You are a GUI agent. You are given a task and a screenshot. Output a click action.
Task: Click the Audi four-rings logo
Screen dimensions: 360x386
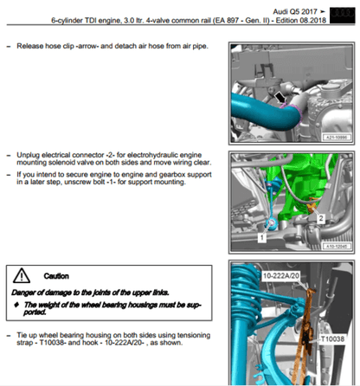342,16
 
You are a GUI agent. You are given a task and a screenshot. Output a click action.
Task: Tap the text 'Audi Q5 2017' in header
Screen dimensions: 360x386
295,12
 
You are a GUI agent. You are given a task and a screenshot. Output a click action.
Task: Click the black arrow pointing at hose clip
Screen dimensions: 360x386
280,98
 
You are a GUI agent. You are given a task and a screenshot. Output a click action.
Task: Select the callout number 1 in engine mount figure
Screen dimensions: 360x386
262,238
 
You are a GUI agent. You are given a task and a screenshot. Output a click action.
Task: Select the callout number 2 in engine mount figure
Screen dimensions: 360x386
321,218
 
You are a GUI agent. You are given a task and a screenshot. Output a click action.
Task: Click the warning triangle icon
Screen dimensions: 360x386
22,275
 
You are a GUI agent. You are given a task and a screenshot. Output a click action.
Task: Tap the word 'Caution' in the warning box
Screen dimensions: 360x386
56,276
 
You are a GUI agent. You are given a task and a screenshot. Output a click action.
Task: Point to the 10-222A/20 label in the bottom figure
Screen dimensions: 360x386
280,276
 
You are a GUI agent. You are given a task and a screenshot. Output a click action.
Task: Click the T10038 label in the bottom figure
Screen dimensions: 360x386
332,338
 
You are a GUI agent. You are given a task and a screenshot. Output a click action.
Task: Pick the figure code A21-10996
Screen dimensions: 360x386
337,138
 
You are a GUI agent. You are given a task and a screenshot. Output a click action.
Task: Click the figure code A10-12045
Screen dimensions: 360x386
337,246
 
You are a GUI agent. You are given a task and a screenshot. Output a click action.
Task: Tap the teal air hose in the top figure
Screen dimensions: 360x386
264,114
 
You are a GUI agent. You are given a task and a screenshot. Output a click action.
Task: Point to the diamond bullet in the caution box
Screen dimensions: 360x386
16,305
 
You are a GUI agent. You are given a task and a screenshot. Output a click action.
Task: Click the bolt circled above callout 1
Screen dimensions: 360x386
272,222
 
